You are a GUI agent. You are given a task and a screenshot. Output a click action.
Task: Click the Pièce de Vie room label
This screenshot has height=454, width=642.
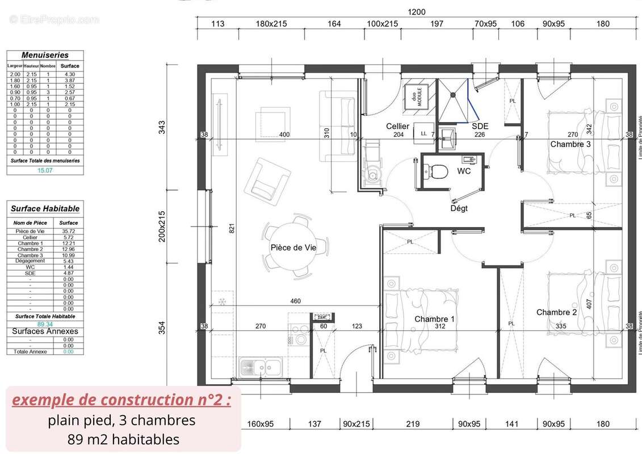(293, 248)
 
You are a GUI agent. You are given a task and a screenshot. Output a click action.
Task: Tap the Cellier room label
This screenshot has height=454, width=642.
(397, 126)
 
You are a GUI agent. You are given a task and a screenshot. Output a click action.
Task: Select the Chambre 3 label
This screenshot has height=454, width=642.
(570, 144)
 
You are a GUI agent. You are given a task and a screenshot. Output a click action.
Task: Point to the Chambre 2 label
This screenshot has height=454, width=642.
(556, 312)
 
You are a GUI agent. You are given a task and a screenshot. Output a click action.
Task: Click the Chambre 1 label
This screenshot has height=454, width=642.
(434, 319)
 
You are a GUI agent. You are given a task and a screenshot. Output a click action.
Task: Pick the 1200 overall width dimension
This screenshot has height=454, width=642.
(417, 11)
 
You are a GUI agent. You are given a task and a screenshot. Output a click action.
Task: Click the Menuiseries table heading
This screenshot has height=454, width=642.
(45, 55)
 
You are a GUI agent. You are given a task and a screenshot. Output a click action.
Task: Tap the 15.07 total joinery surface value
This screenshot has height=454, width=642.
(45, 170)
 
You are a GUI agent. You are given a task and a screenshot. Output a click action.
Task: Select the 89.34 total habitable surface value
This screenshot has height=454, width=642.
(45, 324)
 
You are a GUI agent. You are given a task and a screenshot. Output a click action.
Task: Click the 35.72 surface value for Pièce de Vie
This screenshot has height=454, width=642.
(68, 231)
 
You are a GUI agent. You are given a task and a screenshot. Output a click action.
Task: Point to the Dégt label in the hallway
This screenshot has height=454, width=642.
(459, 208)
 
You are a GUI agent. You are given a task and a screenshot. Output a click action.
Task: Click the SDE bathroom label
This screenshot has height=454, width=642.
(480, 126)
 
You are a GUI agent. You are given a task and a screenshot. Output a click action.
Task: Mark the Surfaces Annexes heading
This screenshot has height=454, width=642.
(45, 331)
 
